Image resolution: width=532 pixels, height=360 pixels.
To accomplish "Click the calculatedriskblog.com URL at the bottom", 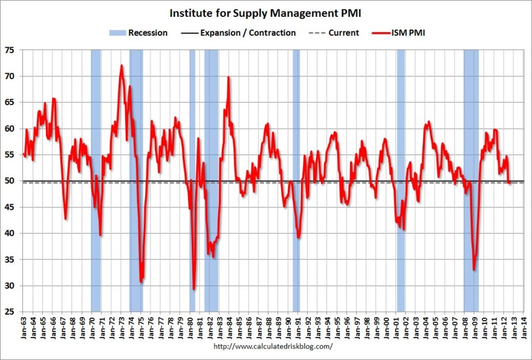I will (x=273, y=347).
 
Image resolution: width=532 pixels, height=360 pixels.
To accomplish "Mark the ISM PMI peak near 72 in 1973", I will (x=122, y=65).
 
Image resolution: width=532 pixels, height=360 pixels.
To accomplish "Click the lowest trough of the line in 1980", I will (x=194, y=289).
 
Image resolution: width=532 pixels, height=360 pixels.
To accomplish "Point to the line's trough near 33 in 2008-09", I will (x=474, y=269).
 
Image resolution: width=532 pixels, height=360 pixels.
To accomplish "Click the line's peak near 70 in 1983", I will (x=229, y=77).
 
